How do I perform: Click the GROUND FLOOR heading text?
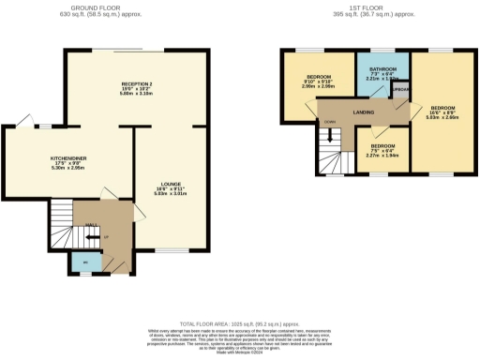click(97, 8)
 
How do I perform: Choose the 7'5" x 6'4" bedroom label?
click(382, 151)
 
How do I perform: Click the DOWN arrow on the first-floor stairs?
click(328, 121)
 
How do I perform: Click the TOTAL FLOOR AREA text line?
click(240, 322)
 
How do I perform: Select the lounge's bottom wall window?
click(170, 251)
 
